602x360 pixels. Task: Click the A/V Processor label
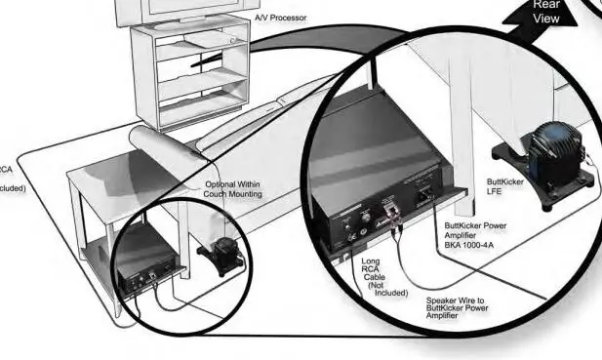coord(283,18)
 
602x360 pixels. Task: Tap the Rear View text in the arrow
coord(546,12)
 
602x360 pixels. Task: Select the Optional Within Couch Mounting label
coord(233,189)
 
